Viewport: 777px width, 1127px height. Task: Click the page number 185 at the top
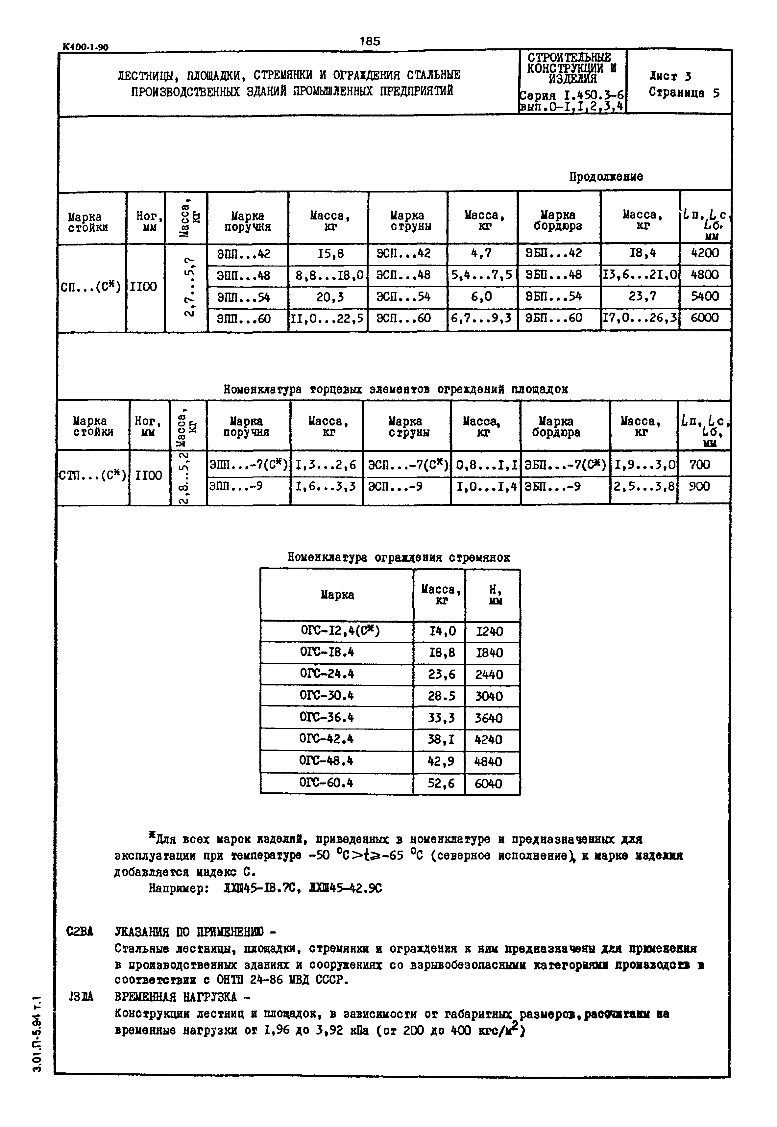tap(370, 41)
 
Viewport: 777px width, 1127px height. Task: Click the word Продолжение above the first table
tap(606, 177)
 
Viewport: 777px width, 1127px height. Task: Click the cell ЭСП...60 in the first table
tap(403, 319)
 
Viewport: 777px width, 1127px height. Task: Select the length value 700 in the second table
tap(700, 464)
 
